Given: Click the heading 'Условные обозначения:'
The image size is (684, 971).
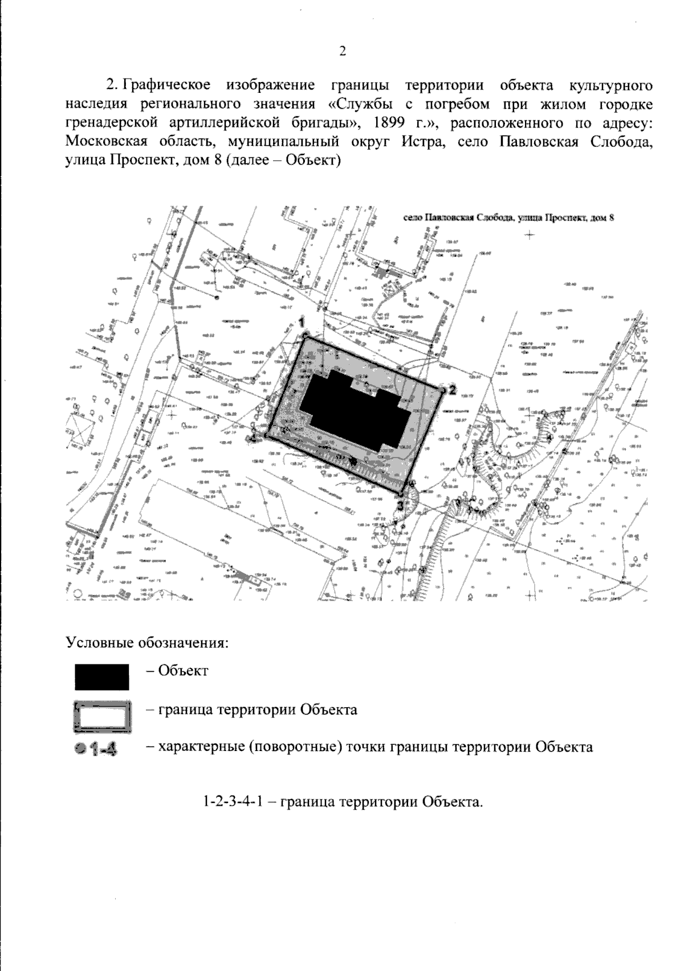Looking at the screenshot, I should (148, 643).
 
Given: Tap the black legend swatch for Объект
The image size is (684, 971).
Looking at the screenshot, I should (101, 676).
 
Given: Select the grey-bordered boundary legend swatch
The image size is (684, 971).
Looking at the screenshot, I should (102, 716).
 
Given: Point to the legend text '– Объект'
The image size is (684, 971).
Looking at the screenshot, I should (177, 670).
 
